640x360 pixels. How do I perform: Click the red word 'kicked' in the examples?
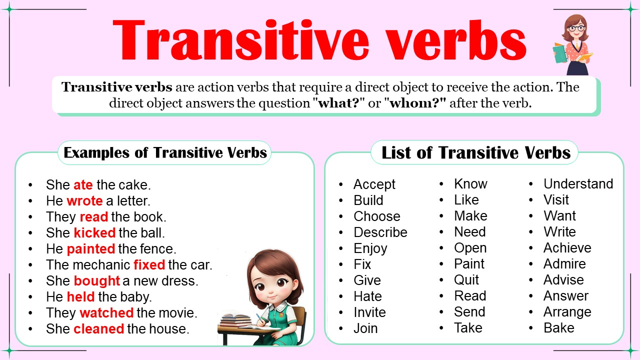tap(94, 232)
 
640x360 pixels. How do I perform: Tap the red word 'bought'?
tap(97, 280)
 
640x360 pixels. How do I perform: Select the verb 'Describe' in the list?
tap(380, 232)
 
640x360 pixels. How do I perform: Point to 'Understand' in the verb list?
tap(578, 184)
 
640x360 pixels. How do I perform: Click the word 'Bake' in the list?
tap(558, 328)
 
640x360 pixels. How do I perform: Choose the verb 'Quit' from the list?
tap(466, 280)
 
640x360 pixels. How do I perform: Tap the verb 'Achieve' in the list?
tap(567, 248)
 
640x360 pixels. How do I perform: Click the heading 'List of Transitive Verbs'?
tap(475, 152)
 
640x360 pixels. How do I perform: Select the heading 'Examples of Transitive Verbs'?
tap(165, 152)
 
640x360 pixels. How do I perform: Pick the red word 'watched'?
tap(106, 313)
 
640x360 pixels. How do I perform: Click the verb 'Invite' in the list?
tap(369, 312)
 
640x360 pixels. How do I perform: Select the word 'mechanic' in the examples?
tap(105, 264)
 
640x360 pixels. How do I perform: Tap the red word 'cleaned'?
tap(98, 328)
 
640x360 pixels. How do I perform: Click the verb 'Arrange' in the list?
tap(567, 312)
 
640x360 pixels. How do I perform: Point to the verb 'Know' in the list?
tap(470, 184)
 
